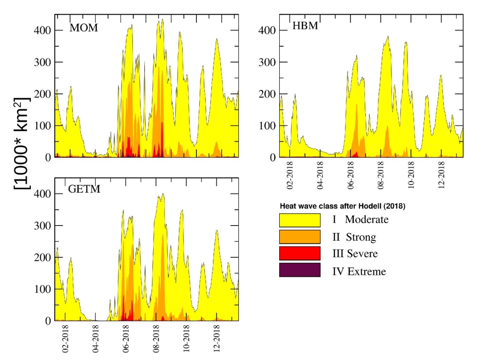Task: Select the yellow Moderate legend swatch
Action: pos(299,220)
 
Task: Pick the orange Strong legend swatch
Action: pos(299,237)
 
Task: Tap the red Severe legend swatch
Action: pos(299,254)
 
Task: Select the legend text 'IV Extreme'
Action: pos(359,272)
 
